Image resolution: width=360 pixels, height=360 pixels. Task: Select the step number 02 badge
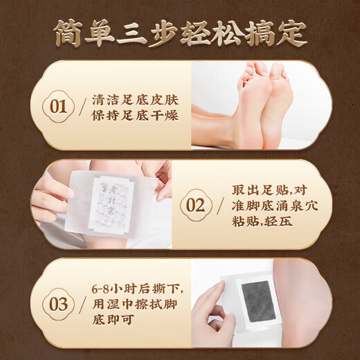tap(195, 206)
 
